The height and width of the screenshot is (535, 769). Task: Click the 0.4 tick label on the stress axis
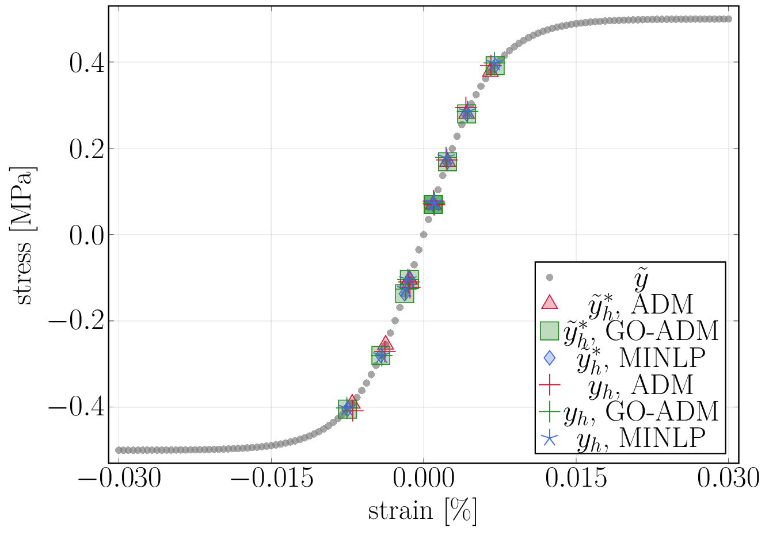86,63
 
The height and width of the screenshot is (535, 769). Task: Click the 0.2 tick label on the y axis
86,149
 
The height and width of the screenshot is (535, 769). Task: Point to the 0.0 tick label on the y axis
86,235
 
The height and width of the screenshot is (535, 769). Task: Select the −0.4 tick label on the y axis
77,408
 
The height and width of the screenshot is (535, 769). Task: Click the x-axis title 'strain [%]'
422,510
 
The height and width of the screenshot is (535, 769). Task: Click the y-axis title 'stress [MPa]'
24,235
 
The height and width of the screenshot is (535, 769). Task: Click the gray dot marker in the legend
549,277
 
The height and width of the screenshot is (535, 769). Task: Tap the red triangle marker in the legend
550,302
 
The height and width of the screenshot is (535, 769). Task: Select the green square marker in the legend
550,330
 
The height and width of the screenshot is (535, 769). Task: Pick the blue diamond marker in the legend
550,357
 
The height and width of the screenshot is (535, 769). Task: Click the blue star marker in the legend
550,439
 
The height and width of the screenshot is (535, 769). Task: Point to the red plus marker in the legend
550,384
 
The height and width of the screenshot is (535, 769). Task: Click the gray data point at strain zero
424,235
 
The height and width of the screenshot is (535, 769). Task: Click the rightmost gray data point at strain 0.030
729,19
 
